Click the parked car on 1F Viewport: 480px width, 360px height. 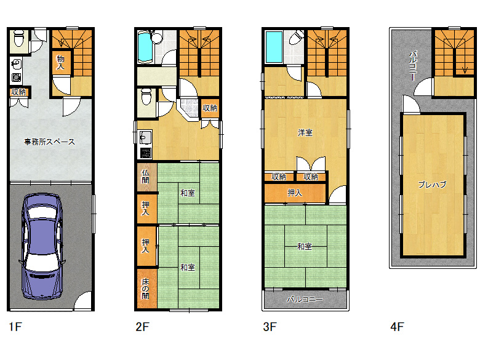pyautogui.click(x=42, y=246)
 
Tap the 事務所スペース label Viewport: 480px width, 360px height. pyautogui.click(x=50, y=142)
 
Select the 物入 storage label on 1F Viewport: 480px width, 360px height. pyautogui.click(x=60, y=62)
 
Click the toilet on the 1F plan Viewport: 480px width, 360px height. pyautogui.click(x=19, y=38)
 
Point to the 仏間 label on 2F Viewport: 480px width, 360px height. pyautogui.click(x=145, y=177)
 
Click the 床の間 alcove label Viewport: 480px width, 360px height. pyautogui.click(x=145, y=289)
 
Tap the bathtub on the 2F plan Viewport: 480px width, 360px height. pyautogui.click(x=145, y=47)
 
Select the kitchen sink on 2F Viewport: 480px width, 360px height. pyautogui.click(x=146, y=137)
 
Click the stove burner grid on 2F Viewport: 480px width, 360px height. pyautogui.click(x=146, y=153)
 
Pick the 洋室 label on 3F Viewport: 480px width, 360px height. pyautogui.click(x=305, y=132)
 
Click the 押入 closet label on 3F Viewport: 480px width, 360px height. pyautogui.click(x=295, y=193)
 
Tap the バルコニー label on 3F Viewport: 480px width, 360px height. pyautogui.click(x=305, y=299)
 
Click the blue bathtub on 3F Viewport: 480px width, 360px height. pyautogui.click(x=274, y=47)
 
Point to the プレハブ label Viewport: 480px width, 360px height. pyautogui.click(x=432, y=184)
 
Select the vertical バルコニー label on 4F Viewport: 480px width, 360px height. pyautogui.click(x=413, y=66)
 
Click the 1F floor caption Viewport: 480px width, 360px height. pyautogui.click(x=15, y=327)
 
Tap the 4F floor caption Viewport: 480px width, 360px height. pyautogui.click(x=397, y=327)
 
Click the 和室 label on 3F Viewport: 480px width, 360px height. pyautogui.click(x=305, y=246)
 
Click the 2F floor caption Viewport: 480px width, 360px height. pyautogui.click(x=142, y=327)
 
